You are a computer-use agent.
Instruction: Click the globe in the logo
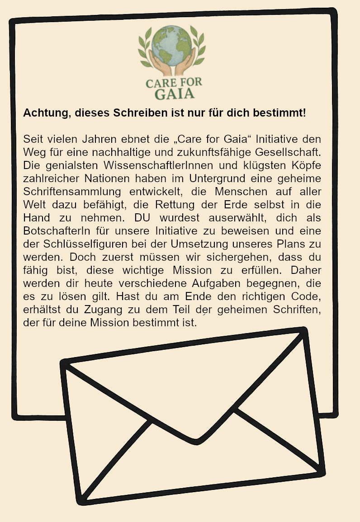(171, 44)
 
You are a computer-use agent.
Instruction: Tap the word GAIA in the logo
(175, 94)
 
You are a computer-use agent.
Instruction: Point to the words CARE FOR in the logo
(174, 83)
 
